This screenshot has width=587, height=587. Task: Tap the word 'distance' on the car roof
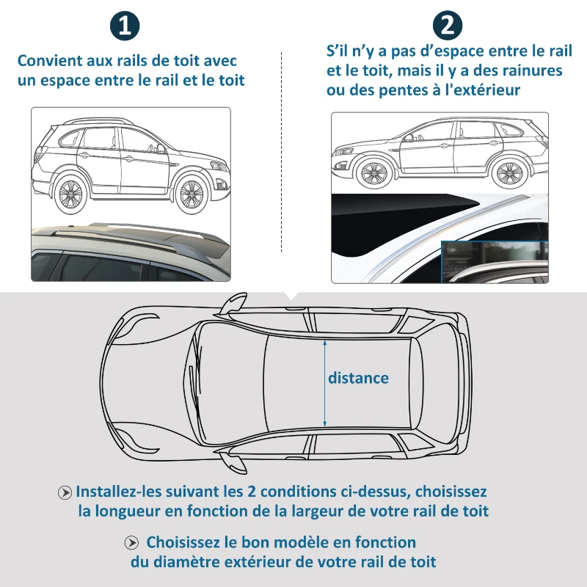(358, 379)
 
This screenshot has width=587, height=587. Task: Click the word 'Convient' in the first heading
(48, 62)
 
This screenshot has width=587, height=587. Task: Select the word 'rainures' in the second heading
(530, 71)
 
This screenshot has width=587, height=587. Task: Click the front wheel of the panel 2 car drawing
(373, 173)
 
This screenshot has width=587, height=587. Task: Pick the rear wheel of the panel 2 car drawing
(508, 173)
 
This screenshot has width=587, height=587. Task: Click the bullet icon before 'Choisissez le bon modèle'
(132, 544)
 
